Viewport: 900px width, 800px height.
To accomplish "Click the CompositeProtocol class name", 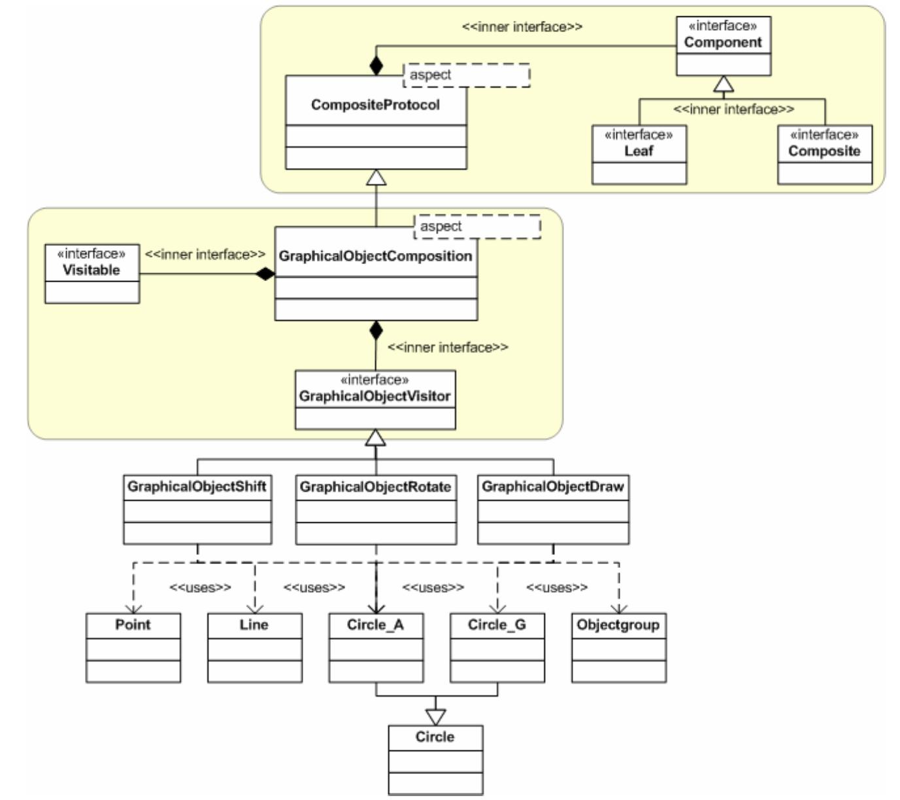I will (x=375, y=105).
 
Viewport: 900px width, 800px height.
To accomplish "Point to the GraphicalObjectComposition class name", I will (x=375, y=256).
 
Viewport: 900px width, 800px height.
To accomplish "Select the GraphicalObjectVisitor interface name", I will (x=375, y=396).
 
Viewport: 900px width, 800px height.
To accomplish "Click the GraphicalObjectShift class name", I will (x=197, y=487).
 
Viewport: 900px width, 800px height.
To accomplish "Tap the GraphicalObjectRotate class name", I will (x=375, y=487).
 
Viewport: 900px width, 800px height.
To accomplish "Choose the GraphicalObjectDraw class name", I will (x=553, y=487).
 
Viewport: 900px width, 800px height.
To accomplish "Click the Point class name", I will (x=133, y=625).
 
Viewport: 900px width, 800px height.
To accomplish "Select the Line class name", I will (x=254, y=625).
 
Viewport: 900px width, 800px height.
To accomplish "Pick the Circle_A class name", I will (x=375, y=625).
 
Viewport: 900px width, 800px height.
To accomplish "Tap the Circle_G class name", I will (x=497, y=625).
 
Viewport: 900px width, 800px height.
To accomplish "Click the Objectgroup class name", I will (x=618, y=625).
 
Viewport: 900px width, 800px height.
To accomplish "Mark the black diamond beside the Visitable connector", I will (x=265, y=274).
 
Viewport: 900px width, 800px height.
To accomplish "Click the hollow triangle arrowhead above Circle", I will (x=435, y=716).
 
